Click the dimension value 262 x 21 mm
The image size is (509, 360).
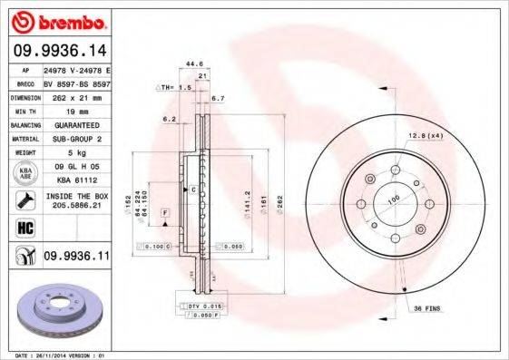click(x=77, y=95)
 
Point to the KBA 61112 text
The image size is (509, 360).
click(x=77, y=181)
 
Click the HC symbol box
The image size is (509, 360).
click(x=26, y=228)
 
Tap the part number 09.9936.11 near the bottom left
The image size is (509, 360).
click(x=76, y=258)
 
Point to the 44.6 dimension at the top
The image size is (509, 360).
click(x=192, y=63)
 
